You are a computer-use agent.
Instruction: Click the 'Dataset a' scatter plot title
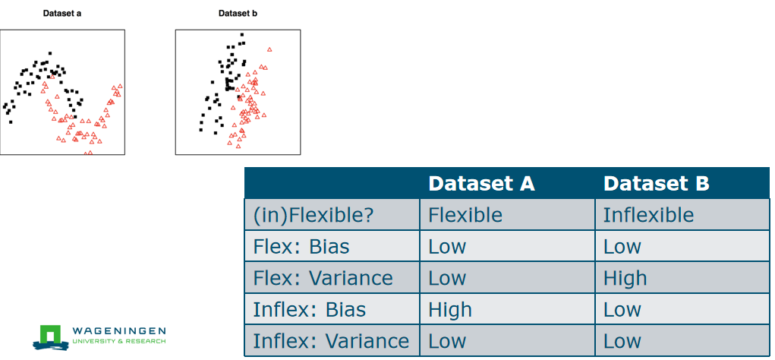62,14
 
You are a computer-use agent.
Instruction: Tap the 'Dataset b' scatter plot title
238,14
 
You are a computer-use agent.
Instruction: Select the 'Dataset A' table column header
481,184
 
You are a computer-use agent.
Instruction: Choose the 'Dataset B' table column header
657,184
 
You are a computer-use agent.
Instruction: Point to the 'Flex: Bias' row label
301,247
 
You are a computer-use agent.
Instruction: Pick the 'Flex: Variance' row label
323,279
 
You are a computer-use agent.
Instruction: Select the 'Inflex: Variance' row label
331,341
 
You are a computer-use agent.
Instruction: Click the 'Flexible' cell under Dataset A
465,215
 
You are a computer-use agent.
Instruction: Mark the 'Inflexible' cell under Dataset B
648,215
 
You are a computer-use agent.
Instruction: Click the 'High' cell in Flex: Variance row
625,279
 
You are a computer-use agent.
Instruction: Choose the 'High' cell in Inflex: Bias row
450,310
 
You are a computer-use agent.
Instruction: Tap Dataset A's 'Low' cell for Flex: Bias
447,247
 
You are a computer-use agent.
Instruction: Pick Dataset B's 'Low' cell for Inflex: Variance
622,341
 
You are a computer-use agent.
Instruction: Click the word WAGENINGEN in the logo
119,331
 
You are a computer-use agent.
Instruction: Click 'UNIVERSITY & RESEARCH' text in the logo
119,342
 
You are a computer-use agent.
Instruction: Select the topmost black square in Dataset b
241,35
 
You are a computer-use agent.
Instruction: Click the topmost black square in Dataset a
49,53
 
